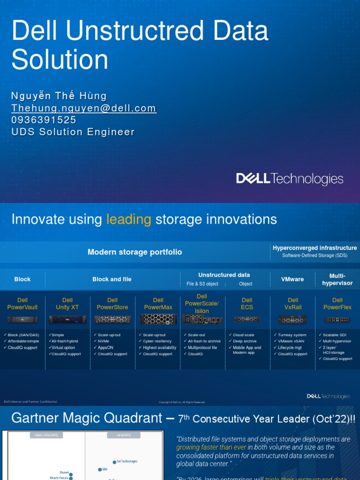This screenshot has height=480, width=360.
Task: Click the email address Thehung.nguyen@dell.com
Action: click(83, 108)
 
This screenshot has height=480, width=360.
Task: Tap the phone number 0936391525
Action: click(44, 120)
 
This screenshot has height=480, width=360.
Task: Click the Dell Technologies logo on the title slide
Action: click(289, 179)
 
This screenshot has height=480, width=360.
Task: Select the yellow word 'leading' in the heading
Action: click(128, 219)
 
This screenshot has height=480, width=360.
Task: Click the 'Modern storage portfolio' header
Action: click(135, 252)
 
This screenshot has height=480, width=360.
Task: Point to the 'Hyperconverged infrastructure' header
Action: click(315, 248)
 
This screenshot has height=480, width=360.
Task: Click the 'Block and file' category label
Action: click(112, 279)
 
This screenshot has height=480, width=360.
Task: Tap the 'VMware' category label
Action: click(292, 279)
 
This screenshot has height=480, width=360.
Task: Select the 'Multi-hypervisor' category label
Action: click(337, 279)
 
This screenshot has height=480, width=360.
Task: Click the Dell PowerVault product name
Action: click(22, 304)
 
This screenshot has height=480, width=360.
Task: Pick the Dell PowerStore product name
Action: click(112, 304)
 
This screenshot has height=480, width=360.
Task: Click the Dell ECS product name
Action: click(247, 304)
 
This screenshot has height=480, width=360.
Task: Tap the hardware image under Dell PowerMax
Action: click(158, 319)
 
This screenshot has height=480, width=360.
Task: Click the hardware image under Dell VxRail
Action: click(292, 319)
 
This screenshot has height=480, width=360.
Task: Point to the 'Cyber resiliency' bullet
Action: click(157, 341)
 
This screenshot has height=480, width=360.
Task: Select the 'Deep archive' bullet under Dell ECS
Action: click(245, 341)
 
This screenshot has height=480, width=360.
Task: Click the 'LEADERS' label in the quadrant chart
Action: click(123, 435)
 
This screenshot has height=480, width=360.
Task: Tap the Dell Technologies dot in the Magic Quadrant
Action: click(113, 462)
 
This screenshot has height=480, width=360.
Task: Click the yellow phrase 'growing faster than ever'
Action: click(204, 447)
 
